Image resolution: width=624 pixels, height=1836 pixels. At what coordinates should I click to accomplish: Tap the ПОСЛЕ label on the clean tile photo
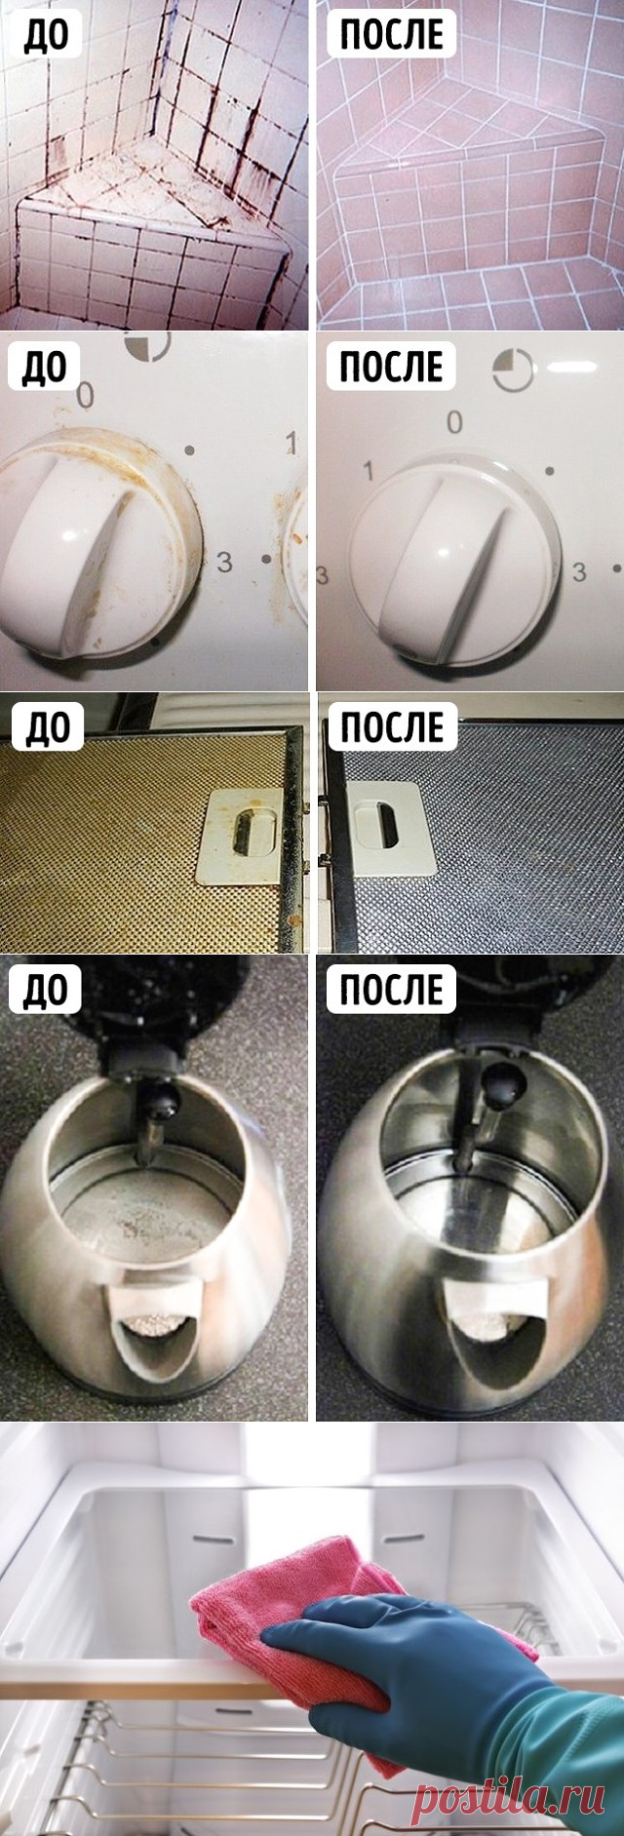point(391,34)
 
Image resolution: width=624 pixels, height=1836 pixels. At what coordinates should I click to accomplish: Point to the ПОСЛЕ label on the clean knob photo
point(391,366)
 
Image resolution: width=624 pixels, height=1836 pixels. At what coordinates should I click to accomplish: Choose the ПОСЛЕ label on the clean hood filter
point(391,726)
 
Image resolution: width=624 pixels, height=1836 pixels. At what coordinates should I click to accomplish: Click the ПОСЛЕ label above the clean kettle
point(391,989)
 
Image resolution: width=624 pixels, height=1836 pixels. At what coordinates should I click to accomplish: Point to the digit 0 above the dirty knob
point(85,395)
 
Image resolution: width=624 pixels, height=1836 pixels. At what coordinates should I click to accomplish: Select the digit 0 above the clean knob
point(454,422)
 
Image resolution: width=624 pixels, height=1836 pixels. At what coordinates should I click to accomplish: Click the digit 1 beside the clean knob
point(369,472)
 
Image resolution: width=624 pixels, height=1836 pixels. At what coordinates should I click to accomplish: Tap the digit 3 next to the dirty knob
point(224,562)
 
